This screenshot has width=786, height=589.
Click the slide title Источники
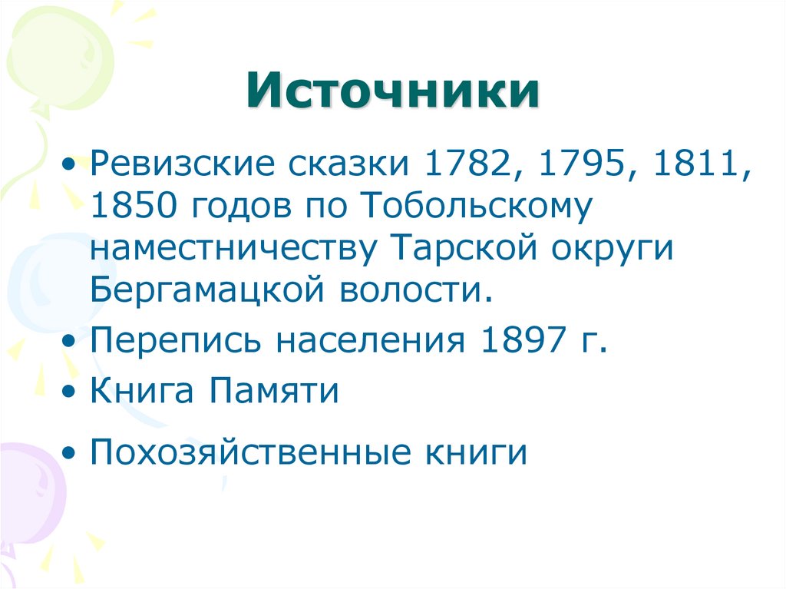tap(392, 91)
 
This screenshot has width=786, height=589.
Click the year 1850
tap(136, 208)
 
